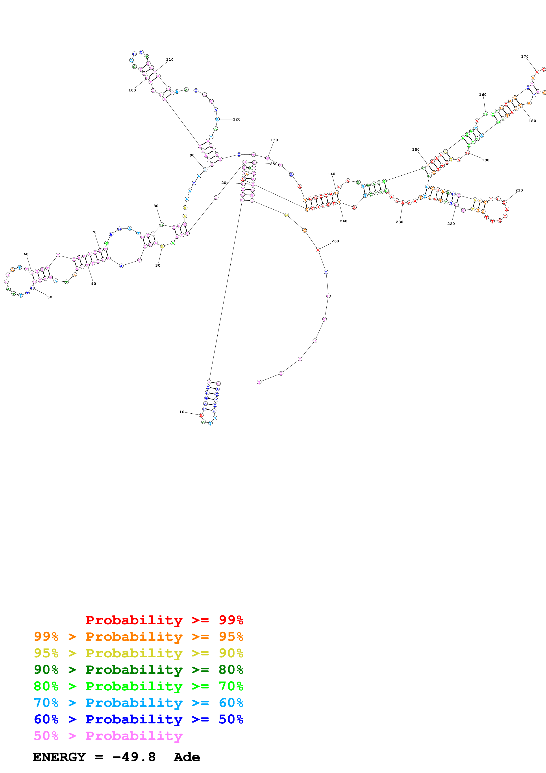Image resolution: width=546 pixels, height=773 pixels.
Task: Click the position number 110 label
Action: pyautogui.click(x=170, y=59)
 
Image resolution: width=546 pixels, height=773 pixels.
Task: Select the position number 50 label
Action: pyautogui.click(x=50, y=297)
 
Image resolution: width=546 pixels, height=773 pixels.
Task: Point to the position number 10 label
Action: pyautogui.click(x=182, y=412)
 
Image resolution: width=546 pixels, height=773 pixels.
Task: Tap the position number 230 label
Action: pyautogui.click(x=399, y=222)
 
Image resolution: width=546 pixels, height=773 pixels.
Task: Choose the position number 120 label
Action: pyautogui.click(x=237, y=119)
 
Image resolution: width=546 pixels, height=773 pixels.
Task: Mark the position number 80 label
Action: pyautogui.click(x=156, y=206)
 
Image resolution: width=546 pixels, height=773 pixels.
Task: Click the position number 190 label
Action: pyautogui.click(x=485, y=160)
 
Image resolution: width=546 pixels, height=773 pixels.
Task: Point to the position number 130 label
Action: pyautogui.click(x=274, y=140)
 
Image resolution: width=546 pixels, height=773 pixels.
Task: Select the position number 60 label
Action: pyautogui.click(x=26, y=254)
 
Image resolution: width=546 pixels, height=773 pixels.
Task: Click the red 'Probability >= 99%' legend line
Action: pyautogui.click(x=164, y=620)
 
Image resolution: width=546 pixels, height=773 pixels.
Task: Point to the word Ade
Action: pyautogui.click(x=187, y=757)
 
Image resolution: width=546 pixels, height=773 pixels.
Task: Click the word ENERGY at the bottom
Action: pyautogui.click(x=59, y=757)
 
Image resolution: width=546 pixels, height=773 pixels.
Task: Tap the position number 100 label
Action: pyautogui.click(x=132, y=90)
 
